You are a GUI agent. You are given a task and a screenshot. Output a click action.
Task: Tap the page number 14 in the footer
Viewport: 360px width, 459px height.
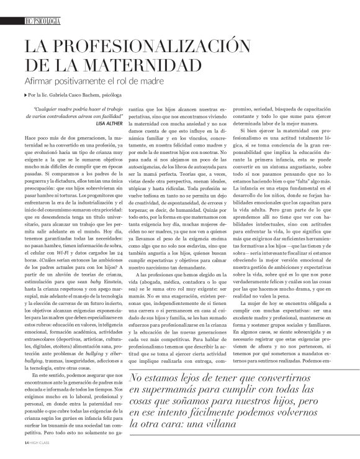click(19, 445)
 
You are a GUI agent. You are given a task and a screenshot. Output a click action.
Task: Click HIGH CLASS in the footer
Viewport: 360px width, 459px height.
click(34, 445)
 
